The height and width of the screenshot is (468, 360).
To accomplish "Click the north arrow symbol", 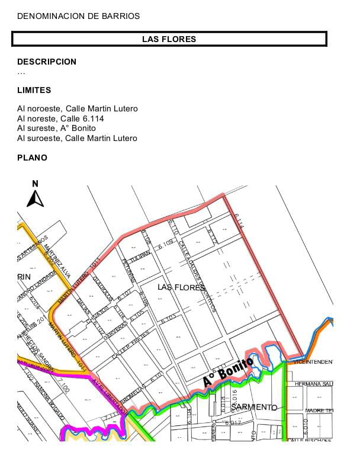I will coord(35,195).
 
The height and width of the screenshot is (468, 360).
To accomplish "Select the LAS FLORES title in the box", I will coord(169,39).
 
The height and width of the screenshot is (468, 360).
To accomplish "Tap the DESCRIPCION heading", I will coord(47,62).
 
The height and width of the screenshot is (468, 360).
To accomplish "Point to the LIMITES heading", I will coord(34,90).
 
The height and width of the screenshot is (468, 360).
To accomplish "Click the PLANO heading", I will coord(32,158).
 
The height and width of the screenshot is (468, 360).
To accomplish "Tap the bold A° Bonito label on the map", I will coord(228,371).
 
